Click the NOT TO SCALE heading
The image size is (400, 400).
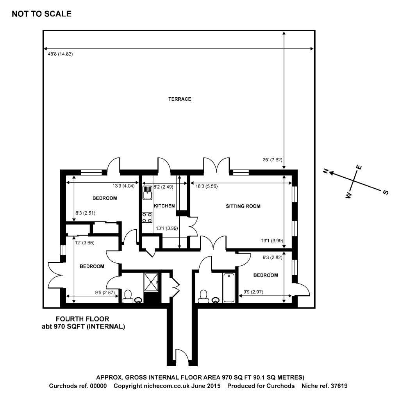(x=42, y=14)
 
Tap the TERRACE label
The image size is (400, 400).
(x=180, y=99)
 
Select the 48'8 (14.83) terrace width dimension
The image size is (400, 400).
(x=58, y=54)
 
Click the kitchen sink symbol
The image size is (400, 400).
(x=147, y=192)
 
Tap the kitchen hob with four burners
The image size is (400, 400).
(x=147, y=217)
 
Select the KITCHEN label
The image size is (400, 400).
(x=164, y=206)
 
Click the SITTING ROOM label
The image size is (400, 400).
(x=243, y=206)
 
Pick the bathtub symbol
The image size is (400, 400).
(x=229, y=288)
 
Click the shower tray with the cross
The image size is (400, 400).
(x=152, y=281)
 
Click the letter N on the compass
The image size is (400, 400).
(x=325, y=171)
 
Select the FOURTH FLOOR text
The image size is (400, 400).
(x=82, y=319)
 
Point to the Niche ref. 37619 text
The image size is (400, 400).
(x=324, y=386)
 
